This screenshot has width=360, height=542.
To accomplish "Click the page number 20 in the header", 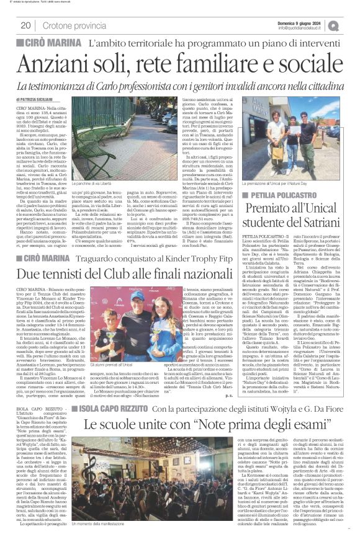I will (25, 25).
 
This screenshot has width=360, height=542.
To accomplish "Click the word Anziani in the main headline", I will (68, 63).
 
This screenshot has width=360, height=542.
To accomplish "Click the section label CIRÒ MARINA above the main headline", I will (53, 43).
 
